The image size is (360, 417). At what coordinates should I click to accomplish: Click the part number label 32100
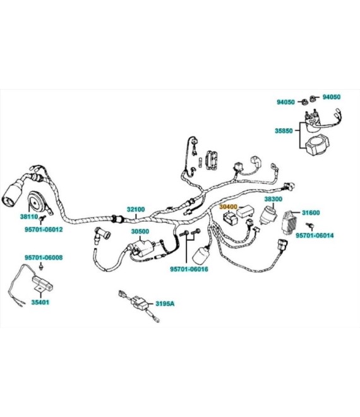(x=136, y=209)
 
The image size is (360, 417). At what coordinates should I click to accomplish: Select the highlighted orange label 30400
(x=228, y=207)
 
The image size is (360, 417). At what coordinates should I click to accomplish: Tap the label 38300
(x=273, y=199)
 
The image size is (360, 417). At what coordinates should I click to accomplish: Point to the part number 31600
(x=311, y=212)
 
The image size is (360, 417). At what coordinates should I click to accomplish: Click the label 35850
(x=284, y=131)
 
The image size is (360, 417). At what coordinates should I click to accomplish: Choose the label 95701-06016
(x=189, y=269)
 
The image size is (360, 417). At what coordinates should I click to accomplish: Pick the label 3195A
(x=165, y=303)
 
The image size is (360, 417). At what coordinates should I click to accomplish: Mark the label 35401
(x=40, y=303)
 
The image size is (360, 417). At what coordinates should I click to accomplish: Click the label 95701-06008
(x=44, y=258)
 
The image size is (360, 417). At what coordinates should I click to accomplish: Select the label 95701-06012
(x=44, y=229)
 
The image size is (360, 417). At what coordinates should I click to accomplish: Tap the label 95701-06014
(x=315, y=236)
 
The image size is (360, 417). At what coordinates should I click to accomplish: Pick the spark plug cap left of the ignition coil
(x=102, y=234)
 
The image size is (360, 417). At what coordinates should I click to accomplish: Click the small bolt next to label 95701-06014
(x=310, y=226)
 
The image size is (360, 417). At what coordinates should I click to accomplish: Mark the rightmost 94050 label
(x=332, y=97)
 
